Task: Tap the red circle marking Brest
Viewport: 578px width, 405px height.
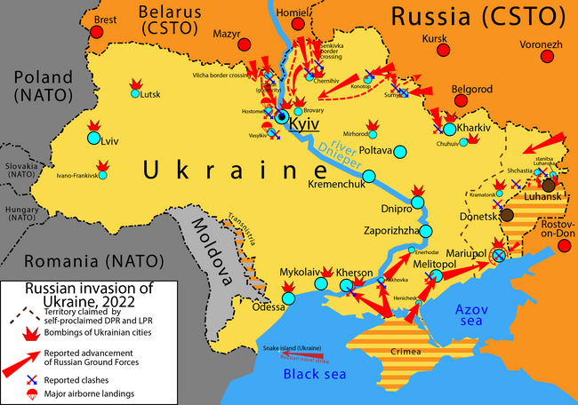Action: (95, 32)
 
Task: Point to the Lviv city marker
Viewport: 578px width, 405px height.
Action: (93, 138)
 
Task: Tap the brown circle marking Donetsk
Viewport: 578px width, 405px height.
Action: (507, 214)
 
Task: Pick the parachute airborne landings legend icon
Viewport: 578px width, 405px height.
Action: (33, 393)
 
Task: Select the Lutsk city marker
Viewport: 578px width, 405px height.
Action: (134, 93)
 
